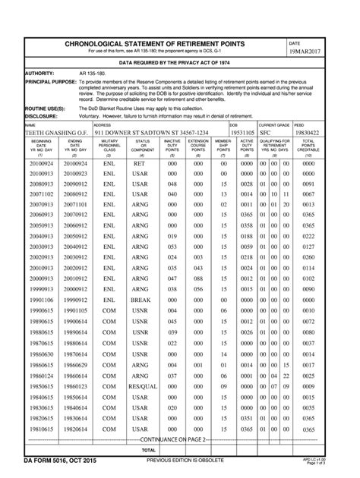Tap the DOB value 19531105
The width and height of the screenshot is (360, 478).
pyautogui.click(x=243, y=132)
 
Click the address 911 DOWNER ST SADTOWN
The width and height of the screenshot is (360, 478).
pyautogui.click(x=150, y=132)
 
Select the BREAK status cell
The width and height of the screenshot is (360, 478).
pyautogui.click(x=140, y=300)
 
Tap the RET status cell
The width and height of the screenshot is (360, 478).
pyautogui.click(x=140, y=163)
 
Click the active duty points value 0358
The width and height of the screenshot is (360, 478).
pyautogui.click(x=247, y=226)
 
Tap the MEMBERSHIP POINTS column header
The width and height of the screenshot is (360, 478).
pyautogui.click(x=223, y=146)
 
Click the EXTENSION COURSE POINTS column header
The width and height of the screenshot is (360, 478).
pyautogui.click(x=198, y=146)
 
